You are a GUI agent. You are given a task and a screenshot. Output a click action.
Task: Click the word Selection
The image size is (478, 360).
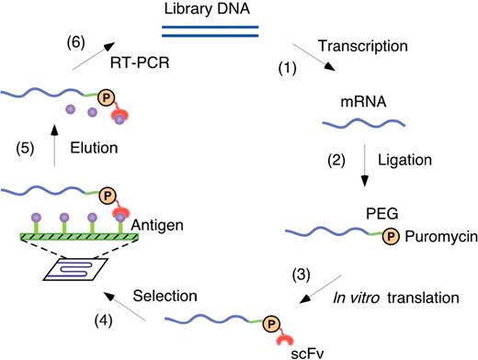pyautogui.click(x=164, y=295)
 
